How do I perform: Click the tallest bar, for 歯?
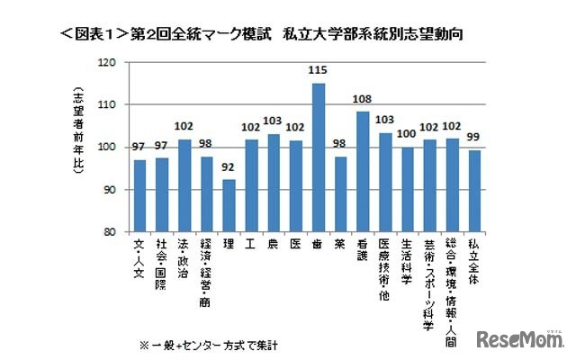click(x=319, y=157)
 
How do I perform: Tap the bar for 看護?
click(x=364, y=171)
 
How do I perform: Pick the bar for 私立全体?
click(x=473, y=190)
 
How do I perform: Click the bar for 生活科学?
click(x=406, y=189)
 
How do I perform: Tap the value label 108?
click(x=364, y=103)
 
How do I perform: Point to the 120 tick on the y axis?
click(x=108, y=62)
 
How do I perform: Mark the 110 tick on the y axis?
click(x=108, y=104)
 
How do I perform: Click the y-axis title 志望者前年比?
click(x=78, y=126)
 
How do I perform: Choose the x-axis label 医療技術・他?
click(x=384, y=270)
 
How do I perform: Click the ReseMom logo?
click(x=520, y=339)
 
